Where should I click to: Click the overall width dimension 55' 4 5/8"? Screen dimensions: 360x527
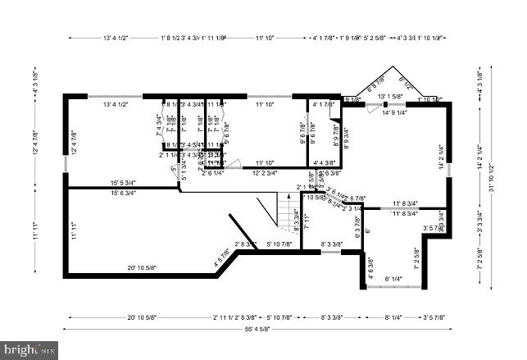point(260,330)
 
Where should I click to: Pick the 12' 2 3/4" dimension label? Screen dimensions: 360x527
point(264,173)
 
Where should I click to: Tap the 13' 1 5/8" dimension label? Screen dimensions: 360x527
point(390,97)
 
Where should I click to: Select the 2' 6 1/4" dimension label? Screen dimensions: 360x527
point(213,173)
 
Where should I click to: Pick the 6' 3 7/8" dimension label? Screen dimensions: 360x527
point(357,223)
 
